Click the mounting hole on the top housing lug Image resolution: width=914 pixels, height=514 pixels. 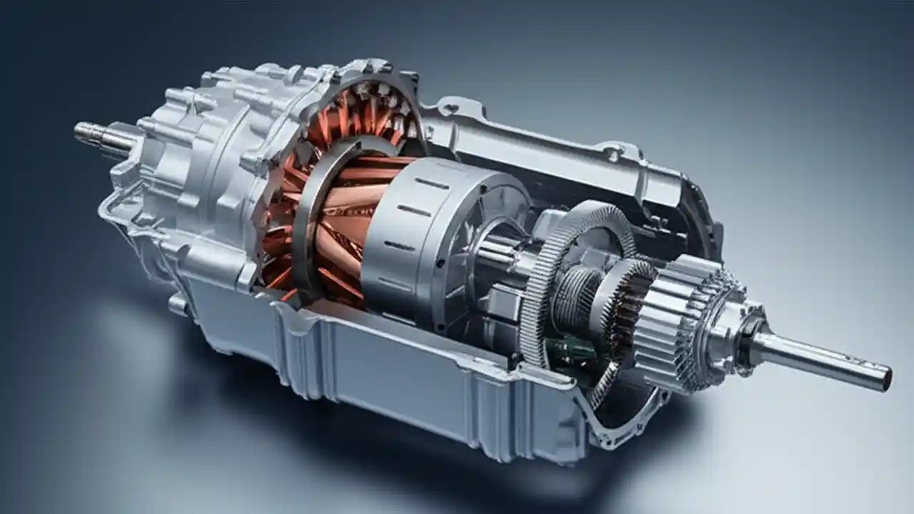tap(449, 109)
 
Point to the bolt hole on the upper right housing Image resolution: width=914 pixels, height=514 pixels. tap(611, 151)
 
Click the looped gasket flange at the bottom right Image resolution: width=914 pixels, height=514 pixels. tap(628, 428)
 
